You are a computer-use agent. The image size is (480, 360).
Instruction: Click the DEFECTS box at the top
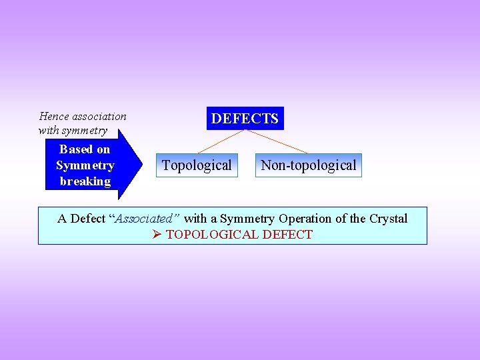(x=245, y=119)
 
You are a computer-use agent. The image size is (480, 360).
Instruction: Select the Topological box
(x=197, y=165)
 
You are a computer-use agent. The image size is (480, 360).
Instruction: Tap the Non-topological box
(x=308, y=165)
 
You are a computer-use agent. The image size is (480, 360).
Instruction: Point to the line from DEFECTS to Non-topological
(x=277, y=141)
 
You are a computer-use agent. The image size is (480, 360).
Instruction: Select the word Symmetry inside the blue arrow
(x=85, y=165)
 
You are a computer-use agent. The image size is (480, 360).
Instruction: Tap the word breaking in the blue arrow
(x=85, y=181)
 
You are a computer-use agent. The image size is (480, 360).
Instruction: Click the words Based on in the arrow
(x=85, y=149)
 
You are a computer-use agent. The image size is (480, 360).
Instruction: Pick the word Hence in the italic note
(x=54, y=117)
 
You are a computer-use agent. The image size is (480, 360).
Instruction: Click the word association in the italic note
(x=99, y=117)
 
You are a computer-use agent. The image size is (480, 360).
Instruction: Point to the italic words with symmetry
(x=73, y=130)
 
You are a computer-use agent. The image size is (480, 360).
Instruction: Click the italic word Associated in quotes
(x=145, y=219)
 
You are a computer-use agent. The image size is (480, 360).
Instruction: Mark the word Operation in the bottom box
(x=307, y=219)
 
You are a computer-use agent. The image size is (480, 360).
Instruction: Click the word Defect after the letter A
(x=87, y=219)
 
